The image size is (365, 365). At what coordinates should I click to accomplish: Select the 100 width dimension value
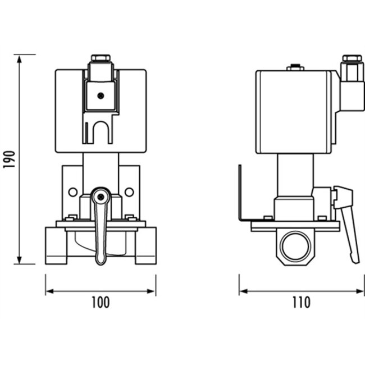100,302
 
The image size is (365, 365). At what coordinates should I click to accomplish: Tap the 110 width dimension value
300,302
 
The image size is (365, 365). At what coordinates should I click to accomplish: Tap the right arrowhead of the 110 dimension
360,291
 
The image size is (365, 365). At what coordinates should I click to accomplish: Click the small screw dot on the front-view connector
101,95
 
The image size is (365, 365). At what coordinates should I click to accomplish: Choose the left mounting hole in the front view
72,192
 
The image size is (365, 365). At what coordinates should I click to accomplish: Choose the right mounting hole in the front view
129,192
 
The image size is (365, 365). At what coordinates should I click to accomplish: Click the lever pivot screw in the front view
101,196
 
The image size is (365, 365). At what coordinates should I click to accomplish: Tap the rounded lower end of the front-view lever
101,259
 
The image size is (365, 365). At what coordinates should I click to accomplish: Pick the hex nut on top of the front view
101,58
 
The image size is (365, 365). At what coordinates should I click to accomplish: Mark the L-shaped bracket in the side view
242,197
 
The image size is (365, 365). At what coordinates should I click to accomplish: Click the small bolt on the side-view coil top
293,69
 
